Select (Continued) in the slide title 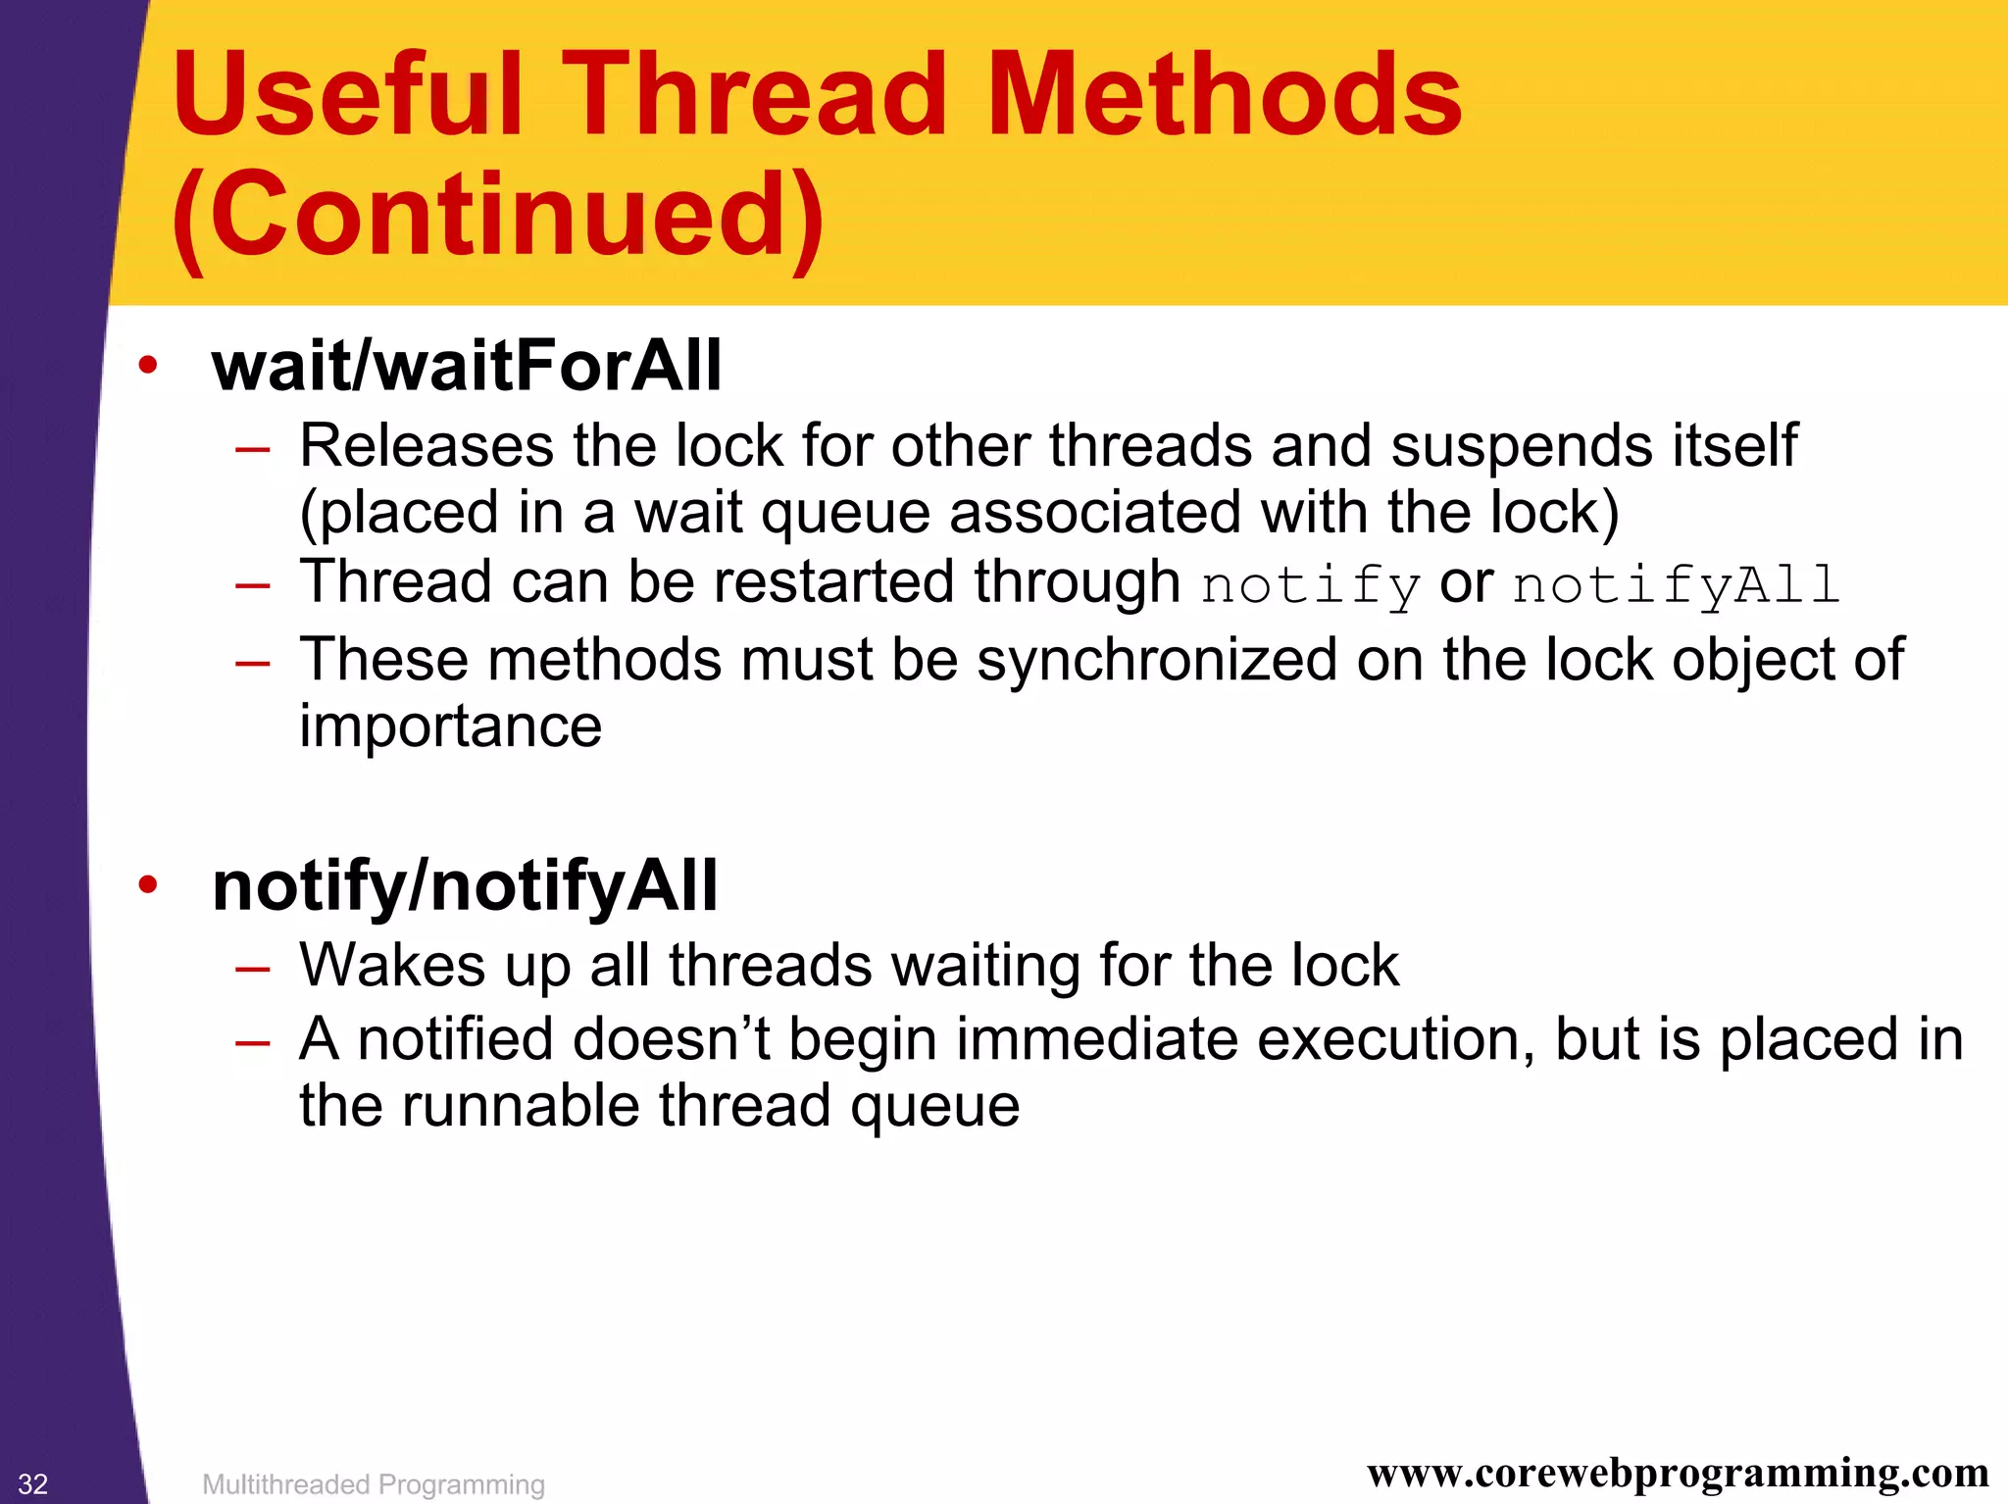(x=498, y=215)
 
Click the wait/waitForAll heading (x=467, y=366)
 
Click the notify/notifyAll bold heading (x=465, y=885)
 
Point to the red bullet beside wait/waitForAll (x=148, y=366)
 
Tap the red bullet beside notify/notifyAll (x=148, y=885)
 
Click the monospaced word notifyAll (x=1675, y=585)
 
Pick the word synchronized (x=1157, y=660)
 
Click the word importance (x=450, y=727)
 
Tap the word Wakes (x=392, y=966)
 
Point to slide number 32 (x=32, y=1483)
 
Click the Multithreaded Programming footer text (x=373, y=1484)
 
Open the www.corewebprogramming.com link (x=1678, y=1474)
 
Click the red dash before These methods (x=252, y=664)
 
